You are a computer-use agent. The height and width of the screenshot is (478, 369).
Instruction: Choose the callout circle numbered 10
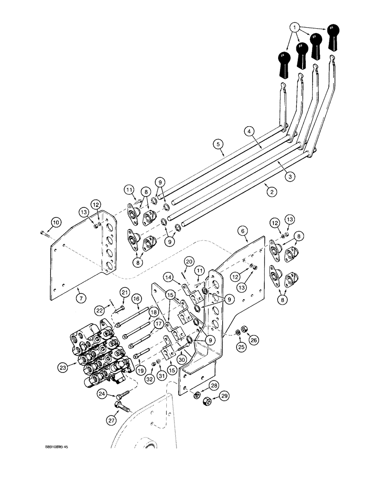pos(56,221)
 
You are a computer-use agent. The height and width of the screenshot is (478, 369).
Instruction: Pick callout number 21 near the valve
pos(124,292)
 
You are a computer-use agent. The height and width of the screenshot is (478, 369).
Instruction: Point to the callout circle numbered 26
pos(255,340)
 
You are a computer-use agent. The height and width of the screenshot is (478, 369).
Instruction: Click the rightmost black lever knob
pos(333,36)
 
